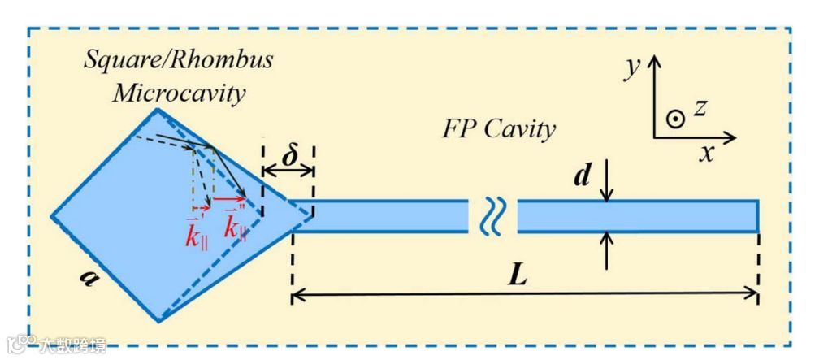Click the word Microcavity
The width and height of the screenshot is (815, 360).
pos(179,93)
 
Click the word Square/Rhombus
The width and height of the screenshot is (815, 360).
pos(180,61)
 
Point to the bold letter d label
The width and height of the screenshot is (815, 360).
pos(582,176)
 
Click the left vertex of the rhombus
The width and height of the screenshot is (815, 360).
pos(53,218)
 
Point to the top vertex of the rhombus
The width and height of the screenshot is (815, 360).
pos(157,110)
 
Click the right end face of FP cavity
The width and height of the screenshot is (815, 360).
pos(758,216)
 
